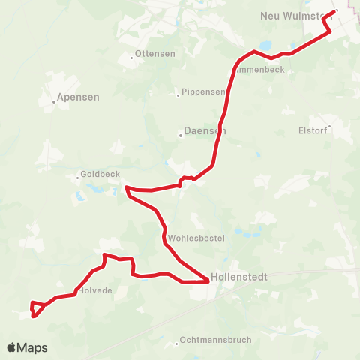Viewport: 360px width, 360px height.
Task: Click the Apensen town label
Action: point(80,97)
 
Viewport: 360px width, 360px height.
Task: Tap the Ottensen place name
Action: point(156,55)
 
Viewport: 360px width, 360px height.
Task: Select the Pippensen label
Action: point(203,92)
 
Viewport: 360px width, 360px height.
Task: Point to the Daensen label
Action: point(205,130)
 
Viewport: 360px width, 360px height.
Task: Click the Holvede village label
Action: point(96,290)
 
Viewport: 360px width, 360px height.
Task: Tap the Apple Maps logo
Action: point(28,347)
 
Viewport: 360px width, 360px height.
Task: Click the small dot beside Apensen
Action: point(56,102)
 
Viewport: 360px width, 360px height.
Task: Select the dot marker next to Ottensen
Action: point(133,56)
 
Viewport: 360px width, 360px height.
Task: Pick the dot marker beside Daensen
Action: point(181,135)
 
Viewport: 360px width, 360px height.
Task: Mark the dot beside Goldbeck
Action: point(77,178)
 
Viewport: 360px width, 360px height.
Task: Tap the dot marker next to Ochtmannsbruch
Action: point(176,343)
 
